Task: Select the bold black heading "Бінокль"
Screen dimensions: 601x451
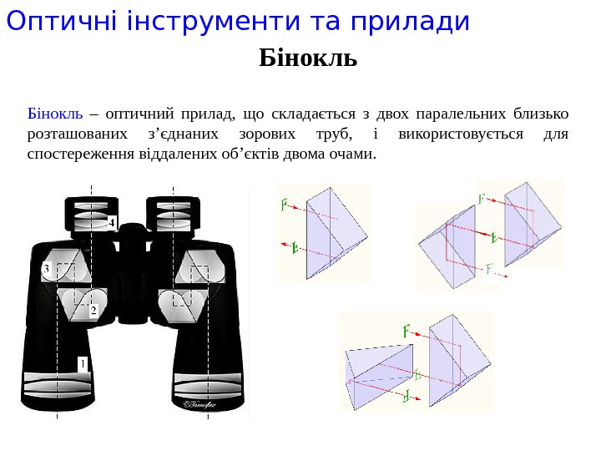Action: tap(308, 58)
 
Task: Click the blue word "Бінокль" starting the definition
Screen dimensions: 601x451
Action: tap(54, 114)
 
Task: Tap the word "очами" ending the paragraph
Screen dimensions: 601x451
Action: tap(354, 154)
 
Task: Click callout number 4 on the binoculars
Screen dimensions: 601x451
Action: tap(110, 222)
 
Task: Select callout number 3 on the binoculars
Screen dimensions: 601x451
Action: tap(47, 268)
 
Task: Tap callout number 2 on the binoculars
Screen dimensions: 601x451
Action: tap(93, 311)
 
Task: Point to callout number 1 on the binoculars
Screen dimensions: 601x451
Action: tap(82, 363)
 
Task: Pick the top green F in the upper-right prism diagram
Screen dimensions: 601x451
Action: tap(482, 199)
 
